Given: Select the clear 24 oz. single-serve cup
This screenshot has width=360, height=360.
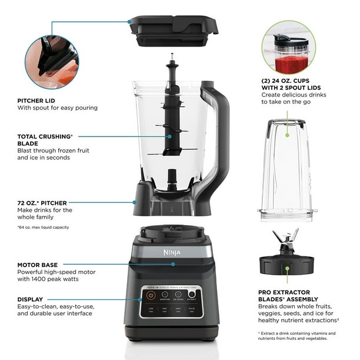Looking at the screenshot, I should [x=288, y=171].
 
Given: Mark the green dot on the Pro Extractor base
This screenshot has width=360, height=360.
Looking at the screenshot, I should [x=288, y=269].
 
